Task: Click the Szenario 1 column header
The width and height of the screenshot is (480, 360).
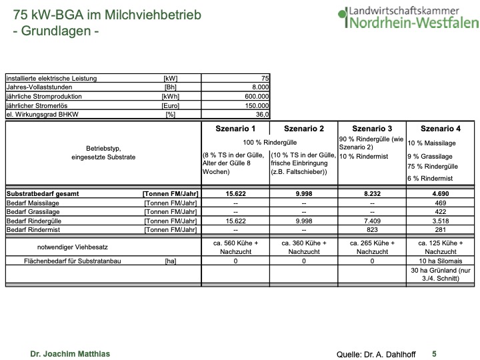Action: pyautogui.click(x=236, y=129)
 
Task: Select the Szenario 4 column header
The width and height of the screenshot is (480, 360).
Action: pyautogui.click(x=440, y=129)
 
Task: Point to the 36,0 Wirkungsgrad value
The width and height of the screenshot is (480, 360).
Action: pyautogui.click(x=261, y=115)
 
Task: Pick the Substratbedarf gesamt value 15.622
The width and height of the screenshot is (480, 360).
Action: pyautogui.click(x=236, y=193)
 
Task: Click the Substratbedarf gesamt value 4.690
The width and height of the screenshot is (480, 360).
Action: pyautogui.click(x=440, y=193)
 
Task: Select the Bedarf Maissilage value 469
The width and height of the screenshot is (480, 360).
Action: pyautogui.click(x=440, y=202)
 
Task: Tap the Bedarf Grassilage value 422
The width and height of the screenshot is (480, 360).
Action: pyautogui.click(x=440, y=211)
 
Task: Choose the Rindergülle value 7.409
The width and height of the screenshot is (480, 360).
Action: pyautogui.click(x=372, y=220)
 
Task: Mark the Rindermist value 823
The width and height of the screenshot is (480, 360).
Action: pyautogui.click(x=372, y=229)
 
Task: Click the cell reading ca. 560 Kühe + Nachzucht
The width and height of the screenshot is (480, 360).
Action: pyautogui.click(x=236, y=247)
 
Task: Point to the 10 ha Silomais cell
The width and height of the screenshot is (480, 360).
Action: pyautogui.click(x=440, y=261)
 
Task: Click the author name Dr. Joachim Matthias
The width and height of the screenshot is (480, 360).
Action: pyautogui.click(x=70, y=353)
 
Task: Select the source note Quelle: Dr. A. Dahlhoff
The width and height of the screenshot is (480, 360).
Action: pyautogui.click(x=368, y=353)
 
